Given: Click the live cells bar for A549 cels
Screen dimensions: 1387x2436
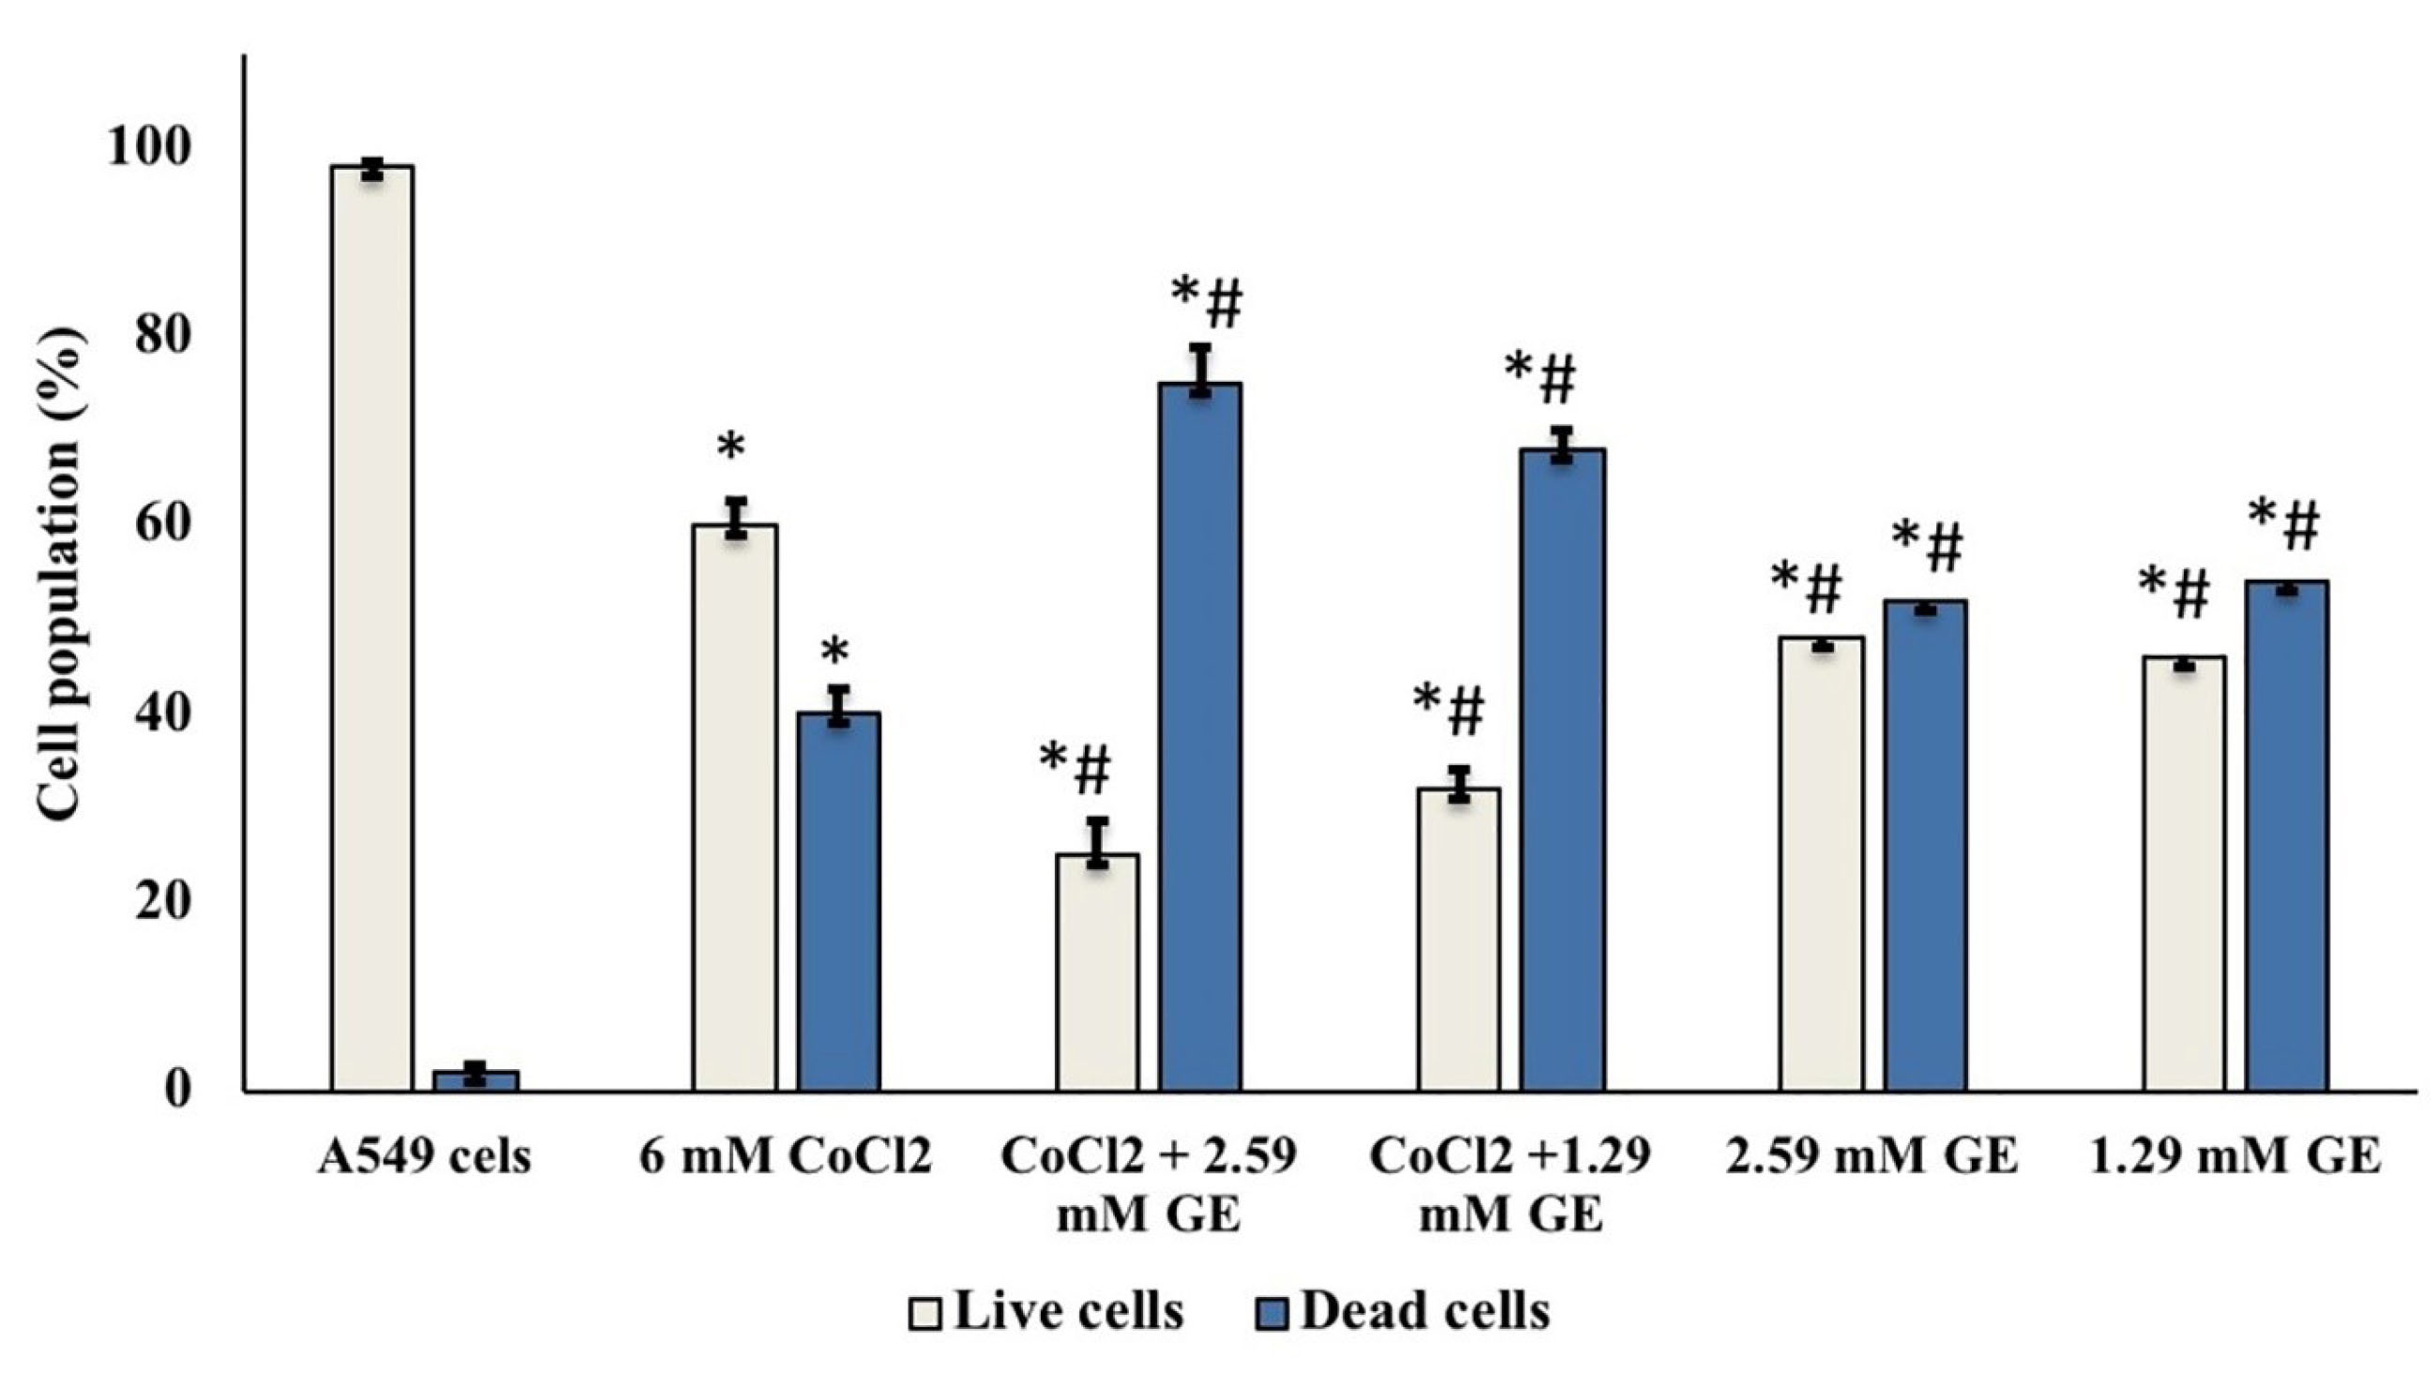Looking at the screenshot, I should pos(371,628).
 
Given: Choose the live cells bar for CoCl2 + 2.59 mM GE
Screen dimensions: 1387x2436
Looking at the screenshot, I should pos(1097,972).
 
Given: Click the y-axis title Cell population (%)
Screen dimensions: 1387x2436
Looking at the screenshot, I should pos(62,577).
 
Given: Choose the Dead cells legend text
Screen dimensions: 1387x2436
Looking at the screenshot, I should pos(1424,1313).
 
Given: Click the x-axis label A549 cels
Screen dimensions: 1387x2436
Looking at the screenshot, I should pos(424,1158).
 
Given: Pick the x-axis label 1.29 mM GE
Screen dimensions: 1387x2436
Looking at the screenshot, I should pos(2234,1158).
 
